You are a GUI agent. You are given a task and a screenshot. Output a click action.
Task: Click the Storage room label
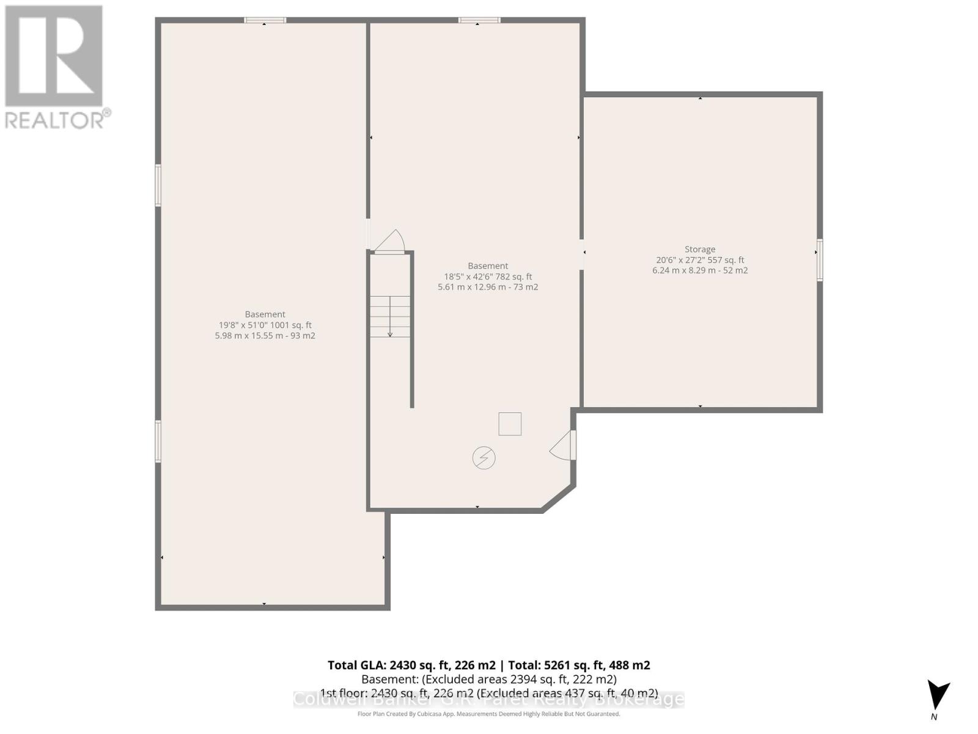coord(700,249)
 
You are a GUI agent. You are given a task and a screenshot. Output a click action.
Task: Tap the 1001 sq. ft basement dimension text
coord(265,325)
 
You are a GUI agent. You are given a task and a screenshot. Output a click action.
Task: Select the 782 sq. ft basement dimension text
coord(488,276)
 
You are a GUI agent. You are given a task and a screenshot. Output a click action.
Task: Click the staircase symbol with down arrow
coord(390,316)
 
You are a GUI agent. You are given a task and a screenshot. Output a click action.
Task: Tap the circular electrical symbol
coord(483,458)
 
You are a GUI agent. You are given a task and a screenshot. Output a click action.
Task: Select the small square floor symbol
coord(510,424)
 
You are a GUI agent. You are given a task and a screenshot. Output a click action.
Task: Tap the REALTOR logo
coord(55,67)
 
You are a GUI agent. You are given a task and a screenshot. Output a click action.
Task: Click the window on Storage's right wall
coord(820,260)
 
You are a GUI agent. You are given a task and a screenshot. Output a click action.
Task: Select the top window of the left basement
coord(265,20)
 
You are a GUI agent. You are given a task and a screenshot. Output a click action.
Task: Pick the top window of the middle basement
coord(479,20)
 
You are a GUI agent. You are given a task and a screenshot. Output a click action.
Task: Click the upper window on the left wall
coord(158,185)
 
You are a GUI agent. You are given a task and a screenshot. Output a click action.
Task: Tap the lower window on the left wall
coord(158,440)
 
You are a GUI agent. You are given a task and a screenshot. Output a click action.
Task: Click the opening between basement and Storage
coord(581,253)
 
